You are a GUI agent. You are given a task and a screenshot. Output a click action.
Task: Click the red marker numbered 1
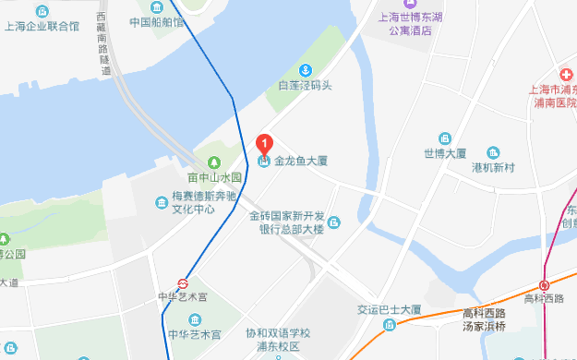tap(265, 145)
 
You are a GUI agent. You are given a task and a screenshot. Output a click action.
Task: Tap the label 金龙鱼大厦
tap(301, 161)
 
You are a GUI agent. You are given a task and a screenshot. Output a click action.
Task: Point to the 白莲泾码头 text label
tap(305, 86)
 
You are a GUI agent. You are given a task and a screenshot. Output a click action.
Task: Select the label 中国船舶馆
tap(156, 22)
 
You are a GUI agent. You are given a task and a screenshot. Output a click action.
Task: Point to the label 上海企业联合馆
tap(46, 26)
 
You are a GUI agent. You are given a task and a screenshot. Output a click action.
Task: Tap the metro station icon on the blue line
tap(183, 283)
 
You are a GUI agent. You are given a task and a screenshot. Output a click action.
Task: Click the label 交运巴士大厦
tap(390, 309)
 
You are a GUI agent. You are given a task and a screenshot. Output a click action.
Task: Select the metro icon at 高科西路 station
tap(545, 285)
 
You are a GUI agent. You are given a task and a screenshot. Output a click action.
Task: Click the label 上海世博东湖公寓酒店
tap(410, 23)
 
